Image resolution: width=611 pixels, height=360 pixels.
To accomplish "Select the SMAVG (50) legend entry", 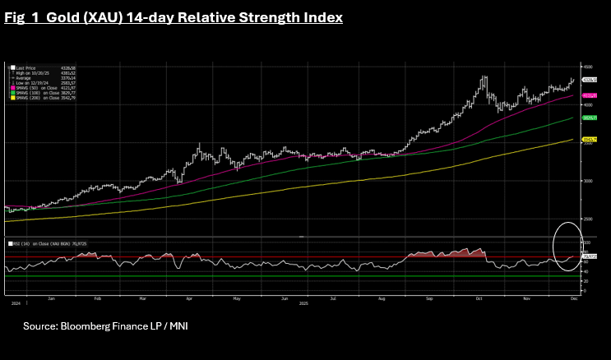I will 28,88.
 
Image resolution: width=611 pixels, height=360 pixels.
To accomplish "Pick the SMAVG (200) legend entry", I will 28,98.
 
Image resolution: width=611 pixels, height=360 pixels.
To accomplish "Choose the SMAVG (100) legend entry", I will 28,93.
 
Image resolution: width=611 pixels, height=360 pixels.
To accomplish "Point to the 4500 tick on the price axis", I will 588,66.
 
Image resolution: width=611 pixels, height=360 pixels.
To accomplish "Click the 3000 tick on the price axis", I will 588,181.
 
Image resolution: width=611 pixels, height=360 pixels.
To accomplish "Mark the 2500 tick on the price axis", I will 588,219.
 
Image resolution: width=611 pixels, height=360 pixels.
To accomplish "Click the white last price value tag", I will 589,80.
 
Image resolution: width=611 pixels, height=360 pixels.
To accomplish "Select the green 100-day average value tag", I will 589,118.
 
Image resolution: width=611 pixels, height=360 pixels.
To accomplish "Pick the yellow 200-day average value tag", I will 589,141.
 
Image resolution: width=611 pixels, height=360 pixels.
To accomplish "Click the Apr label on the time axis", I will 189,298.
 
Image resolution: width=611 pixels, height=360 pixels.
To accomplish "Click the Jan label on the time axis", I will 51,298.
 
